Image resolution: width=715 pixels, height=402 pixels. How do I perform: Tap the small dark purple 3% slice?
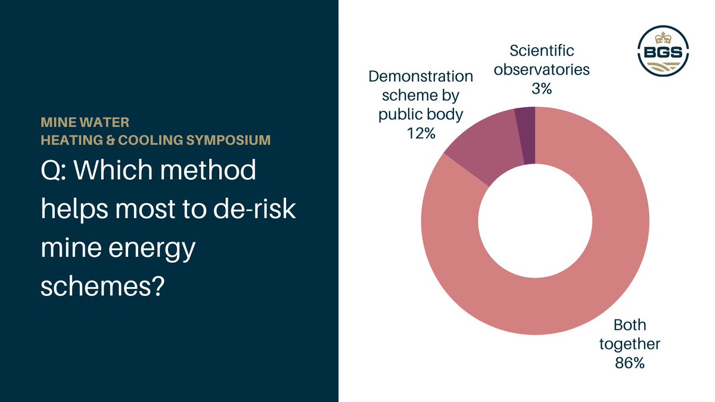pos(526,136)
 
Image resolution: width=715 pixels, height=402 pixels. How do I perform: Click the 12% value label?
pos(421,133)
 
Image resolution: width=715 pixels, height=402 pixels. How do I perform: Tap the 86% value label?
pos(630,363)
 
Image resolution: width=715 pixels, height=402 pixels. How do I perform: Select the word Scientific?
pos(542,51)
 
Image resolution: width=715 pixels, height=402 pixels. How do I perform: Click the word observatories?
pos(542,70)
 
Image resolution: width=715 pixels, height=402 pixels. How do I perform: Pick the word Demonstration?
pos(421,76)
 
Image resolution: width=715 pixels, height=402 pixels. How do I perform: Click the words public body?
pos(421,114)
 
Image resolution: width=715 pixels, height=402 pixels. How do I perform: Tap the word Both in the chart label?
pos(630,325)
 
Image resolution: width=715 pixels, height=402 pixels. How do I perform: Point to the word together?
pos(630,344)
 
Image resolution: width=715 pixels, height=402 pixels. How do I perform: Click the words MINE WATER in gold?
pos(85,123)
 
